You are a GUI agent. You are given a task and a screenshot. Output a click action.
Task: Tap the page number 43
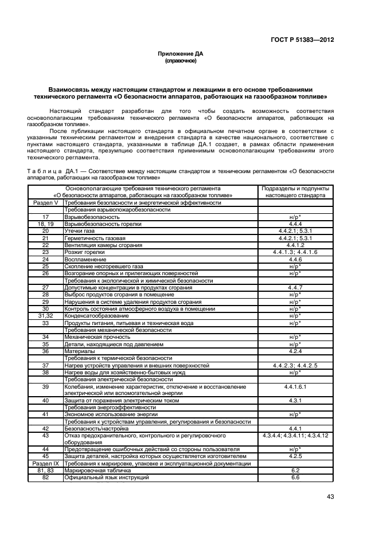pyautogui.click(x=330, y=496)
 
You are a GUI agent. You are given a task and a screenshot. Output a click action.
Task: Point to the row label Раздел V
pyautogui.click(x=45, y=203)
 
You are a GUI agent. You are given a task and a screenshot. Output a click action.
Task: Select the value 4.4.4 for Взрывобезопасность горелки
pyautogui.click(x=295, y=224)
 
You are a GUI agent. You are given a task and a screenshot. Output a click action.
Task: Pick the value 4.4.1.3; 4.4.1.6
pyautogui.click(x=295, y=252)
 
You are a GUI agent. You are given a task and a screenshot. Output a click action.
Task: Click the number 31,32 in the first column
pyautogui.click(x=45, y=316)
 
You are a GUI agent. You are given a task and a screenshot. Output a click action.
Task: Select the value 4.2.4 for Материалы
pyautogui.click(x=295, y=351)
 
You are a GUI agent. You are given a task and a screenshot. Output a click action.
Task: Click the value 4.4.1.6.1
pyautogui.click(x=295, y=387)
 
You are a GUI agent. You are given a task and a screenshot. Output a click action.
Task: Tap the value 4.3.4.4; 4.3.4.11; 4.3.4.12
pyautogui.click(x=295, y=436)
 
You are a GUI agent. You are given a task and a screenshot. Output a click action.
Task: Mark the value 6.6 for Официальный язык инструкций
pyautogui.click(x=295, y=477)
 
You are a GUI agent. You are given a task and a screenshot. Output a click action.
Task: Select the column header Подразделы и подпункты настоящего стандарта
pyautogui.click(x=295, y=191)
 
